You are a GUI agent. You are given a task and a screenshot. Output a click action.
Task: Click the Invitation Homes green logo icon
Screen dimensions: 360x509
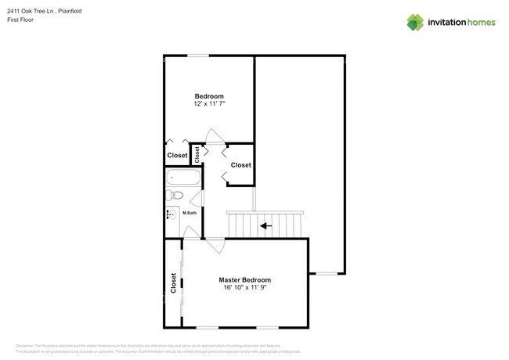(x=415, y=22)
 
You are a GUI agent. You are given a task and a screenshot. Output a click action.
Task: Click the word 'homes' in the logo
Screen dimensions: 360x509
(x=479, y=23)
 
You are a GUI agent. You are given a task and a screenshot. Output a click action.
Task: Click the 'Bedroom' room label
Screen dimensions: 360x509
(x=209, y=96)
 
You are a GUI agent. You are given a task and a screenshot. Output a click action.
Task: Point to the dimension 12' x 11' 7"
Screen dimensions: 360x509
(x=209, y=104)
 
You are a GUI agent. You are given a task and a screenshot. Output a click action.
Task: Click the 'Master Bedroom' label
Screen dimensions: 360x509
(x=244, y=279)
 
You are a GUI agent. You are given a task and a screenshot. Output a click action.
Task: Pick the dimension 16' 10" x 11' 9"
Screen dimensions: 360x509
(x=244, y=287)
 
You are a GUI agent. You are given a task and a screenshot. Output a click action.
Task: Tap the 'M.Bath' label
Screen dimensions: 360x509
(x=190, y=213)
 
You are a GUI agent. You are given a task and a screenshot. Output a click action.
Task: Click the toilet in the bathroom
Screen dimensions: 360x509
(x=175, y=195)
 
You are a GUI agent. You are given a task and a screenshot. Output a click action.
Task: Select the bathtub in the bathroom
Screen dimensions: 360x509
(x=182, y=177)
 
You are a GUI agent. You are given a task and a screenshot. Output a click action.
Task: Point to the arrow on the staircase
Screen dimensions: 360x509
(x=266, y=226)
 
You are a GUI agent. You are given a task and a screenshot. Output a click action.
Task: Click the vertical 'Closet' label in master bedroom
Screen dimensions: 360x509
(x=173, y=283)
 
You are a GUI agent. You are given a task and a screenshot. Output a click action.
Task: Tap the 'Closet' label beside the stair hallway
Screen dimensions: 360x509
(x=240, y=165)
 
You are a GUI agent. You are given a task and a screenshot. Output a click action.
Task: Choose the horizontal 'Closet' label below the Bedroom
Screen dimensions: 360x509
(x=177, y=155)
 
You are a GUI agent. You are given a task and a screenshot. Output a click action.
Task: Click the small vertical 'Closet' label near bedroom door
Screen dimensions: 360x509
(x=197, y=154)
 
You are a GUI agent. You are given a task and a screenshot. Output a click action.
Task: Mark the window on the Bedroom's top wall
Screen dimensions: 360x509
(x=197, y=56)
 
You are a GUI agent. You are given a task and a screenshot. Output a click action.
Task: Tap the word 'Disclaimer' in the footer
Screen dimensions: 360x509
(x=27, y=345)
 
